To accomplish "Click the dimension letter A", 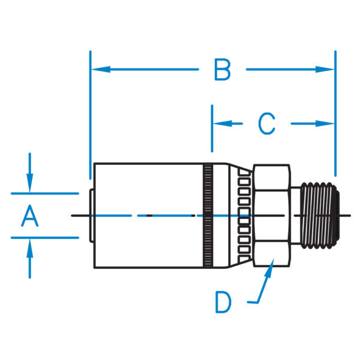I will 29,215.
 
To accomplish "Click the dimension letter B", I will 222,70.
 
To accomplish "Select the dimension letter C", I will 266,124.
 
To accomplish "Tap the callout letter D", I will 223,302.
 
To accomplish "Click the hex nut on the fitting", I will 273,215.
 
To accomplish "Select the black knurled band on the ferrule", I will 208,215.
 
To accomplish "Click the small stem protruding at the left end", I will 90,215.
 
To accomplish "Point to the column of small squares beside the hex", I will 245,215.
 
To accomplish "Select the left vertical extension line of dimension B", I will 90,108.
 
